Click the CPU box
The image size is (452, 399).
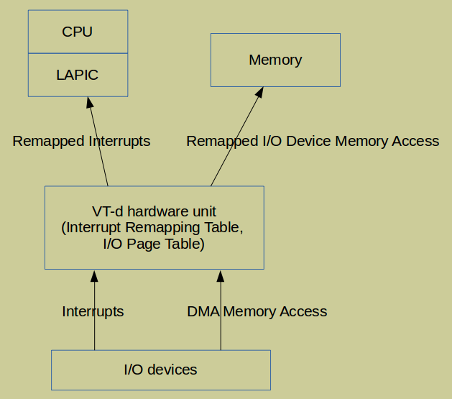tap(78, 32)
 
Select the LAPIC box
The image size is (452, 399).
tap(78, 75)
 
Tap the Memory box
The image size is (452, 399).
tap(275, 60)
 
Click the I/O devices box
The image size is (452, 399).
tap(160, 370)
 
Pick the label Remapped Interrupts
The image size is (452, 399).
tap(81, 141)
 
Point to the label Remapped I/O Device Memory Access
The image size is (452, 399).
tap(313, 141)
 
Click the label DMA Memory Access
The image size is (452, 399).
tap(257, 311)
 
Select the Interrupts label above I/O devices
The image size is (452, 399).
tap(93, 311)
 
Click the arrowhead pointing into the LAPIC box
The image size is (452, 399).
tap(90, 103)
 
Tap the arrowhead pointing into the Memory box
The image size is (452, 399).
tap(260, 93)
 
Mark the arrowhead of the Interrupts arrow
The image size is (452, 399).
tap(94, 276)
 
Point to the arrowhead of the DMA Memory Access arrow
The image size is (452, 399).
tap(221, 276)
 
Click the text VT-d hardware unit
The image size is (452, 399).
tap(154, 212)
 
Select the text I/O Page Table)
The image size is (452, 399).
tap(154, 244)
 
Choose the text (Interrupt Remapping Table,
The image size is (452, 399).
tap(154, 228)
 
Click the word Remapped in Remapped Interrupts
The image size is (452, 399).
tap(47, 141)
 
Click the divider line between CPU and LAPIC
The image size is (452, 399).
tap(78, 53)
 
